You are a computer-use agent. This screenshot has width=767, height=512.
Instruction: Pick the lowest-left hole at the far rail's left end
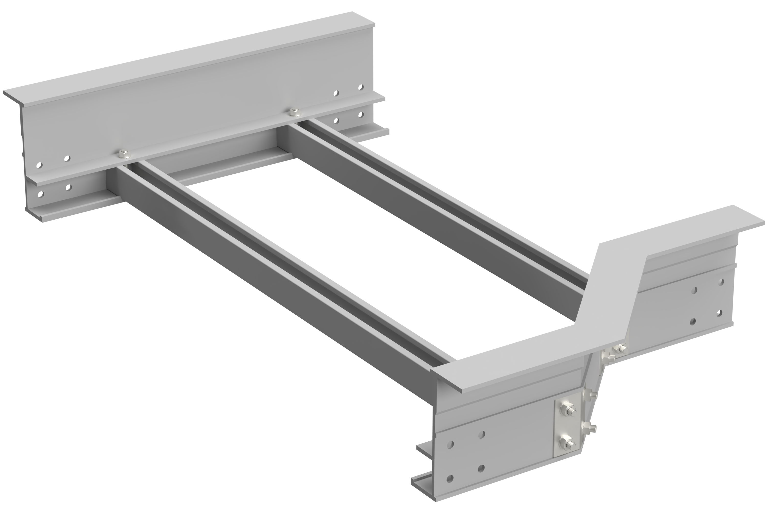[40, 195]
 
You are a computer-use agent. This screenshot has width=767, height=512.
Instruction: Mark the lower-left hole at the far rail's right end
[336, 121]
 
